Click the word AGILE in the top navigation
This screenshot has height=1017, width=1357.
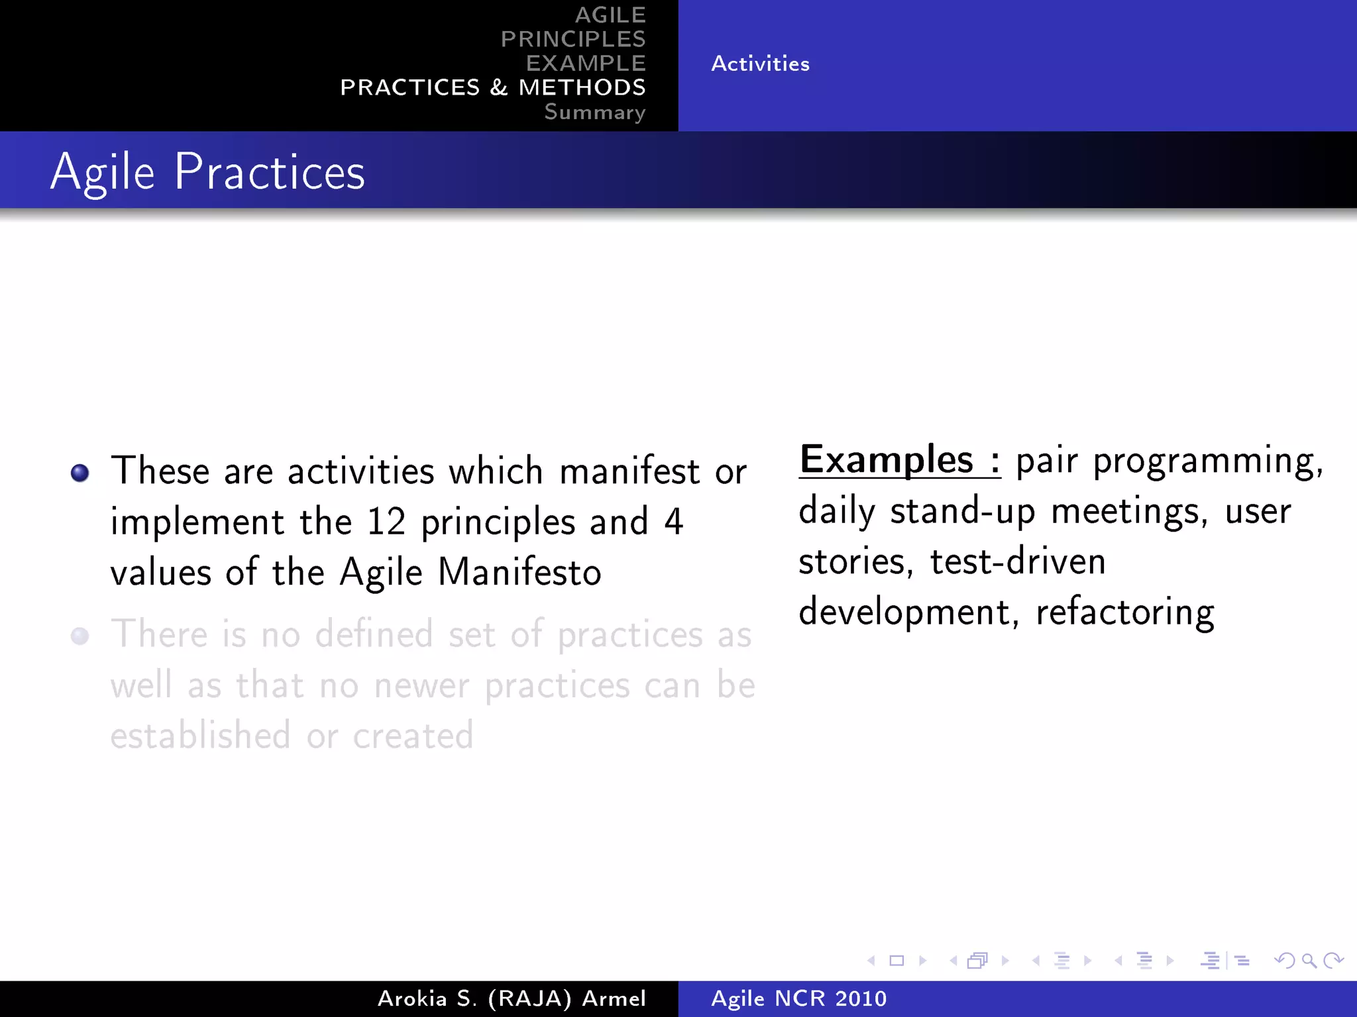(x=610, y=15)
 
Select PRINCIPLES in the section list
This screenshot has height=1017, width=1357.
(x=573, y=39)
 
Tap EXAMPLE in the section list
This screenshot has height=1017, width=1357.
(x=586, y=63)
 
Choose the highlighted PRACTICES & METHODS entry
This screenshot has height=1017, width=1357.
(x=492, y=87)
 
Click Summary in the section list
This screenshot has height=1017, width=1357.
(x=594, y=112)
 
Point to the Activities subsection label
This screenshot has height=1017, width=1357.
(x=760, y=64)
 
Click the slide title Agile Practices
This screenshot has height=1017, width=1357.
(x=207, y=172)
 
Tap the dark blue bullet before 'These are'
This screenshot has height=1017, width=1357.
(x=80, y=473)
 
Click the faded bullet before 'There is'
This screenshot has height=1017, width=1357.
(x=80, y=636)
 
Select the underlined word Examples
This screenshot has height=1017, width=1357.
(x=887, y=460)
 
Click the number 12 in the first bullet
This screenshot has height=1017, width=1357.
(x=386, y=522)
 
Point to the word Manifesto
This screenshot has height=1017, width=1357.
(x=519, y=572)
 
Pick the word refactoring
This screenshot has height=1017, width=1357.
(x=1125, y=612)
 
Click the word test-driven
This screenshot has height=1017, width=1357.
(x=1018, y=561)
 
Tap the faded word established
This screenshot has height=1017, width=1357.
(x=200, y=736)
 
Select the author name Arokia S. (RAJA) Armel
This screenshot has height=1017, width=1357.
(x=512, y=998)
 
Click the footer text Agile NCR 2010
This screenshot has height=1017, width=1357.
(x=798, y=998)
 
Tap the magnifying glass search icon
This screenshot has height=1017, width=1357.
(x=1309, y=960)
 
